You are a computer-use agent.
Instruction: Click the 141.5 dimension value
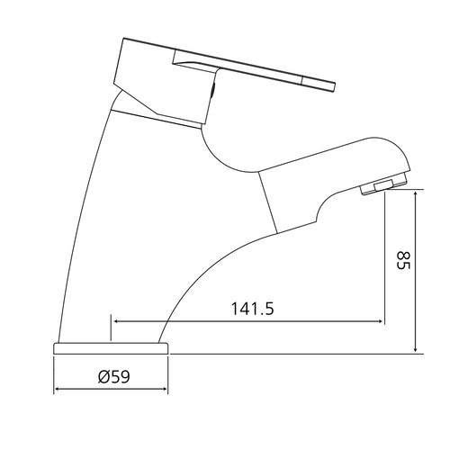click(x=253, y=308)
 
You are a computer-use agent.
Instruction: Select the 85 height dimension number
click(x=403, y=261)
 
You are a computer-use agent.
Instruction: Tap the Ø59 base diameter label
click(x=114, y=376)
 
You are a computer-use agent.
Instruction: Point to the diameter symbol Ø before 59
click(x=103, y=376)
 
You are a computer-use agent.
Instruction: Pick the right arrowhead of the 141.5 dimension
click(x=380, y=321)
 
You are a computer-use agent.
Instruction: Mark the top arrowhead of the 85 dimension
click(x=416, y=194)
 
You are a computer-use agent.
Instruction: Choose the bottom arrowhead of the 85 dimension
click(x=416, y=348)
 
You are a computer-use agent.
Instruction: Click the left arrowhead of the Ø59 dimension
click(x=58, y=389)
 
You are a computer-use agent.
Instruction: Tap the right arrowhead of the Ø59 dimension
click(x=164, y=389)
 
